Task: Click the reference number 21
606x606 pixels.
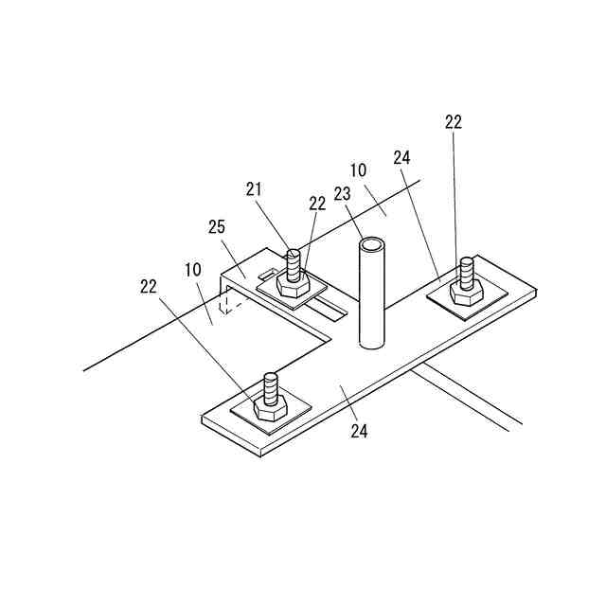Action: pos(253,189)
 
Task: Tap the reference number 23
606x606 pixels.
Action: pos(342,193)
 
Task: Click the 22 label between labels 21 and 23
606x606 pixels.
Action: pos(317,203)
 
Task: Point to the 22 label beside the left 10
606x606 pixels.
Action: pos(148,286)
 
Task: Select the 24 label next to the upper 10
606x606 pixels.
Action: pos(401,156)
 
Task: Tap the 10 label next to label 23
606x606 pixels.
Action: pos(358,170)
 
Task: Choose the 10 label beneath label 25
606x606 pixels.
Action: pos(193,270)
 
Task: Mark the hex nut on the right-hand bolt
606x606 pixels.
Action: pos(466,293)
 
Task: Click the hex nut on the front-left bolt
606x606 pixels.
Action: pos(270,410)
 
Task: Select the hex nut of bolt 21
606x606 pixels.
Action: pos(290,282)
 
